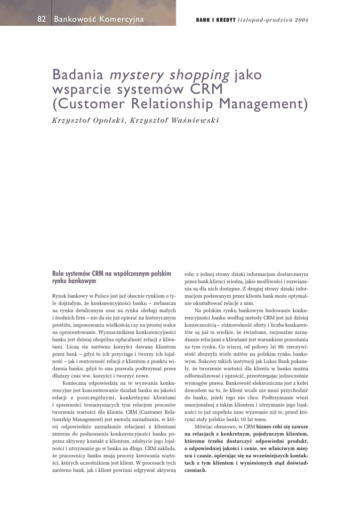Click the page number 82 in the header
42,19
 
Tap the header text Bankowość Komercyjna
98,19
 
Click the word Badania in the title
78,76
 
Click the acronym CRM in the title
204,90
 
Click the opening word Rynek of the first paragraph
60,296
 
